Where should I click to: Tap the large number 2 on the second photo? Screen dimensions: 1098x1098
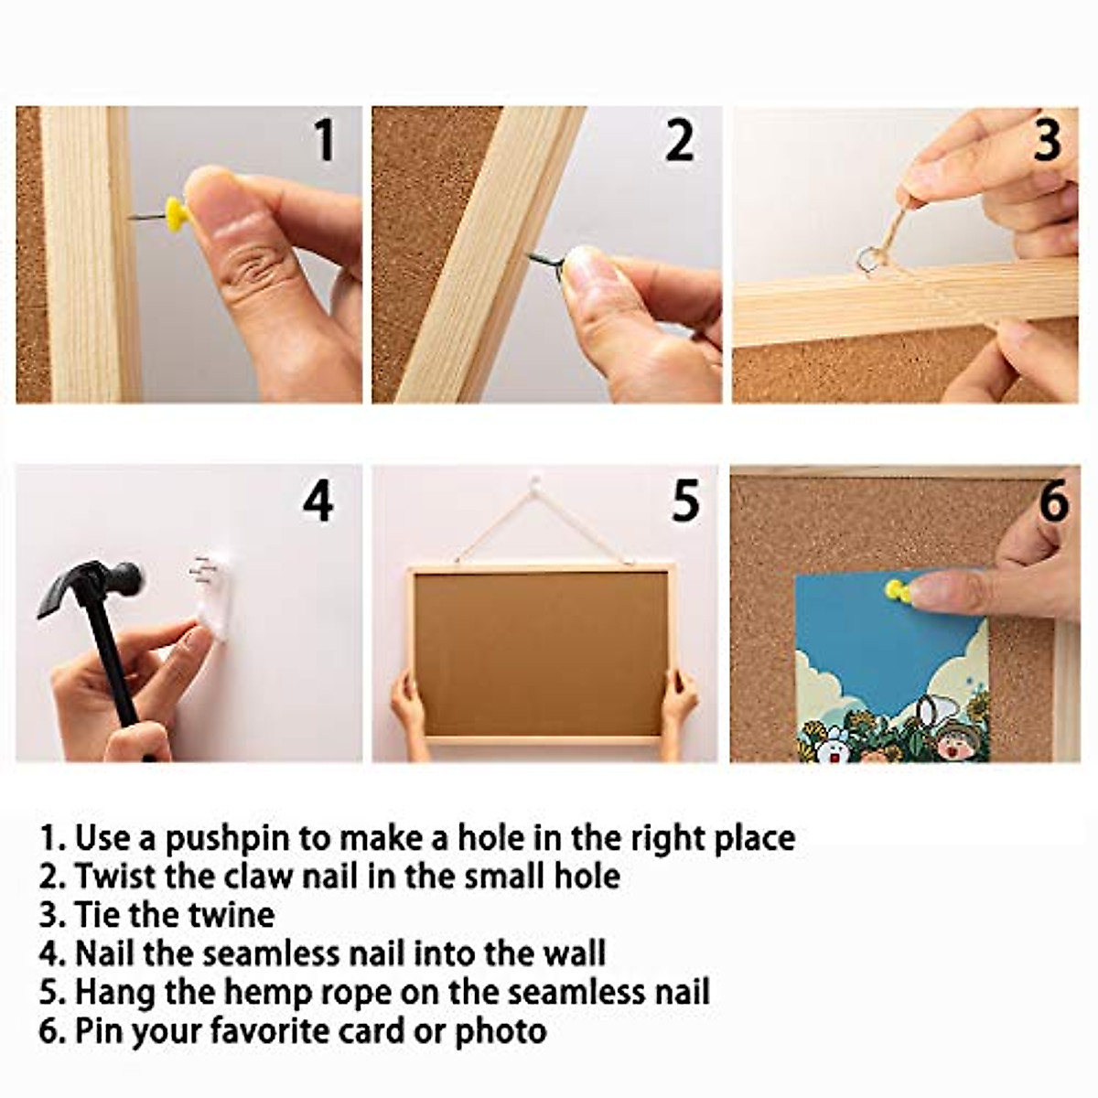pos(680,140)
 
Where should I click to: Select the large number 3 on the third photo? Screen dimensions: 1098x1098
pos(1048,140)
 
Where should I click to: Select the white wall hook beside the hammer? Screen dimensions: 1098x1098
pos(210,598)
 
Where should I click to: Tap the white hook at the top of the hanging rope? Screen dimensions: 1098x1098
pos(533,484)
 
